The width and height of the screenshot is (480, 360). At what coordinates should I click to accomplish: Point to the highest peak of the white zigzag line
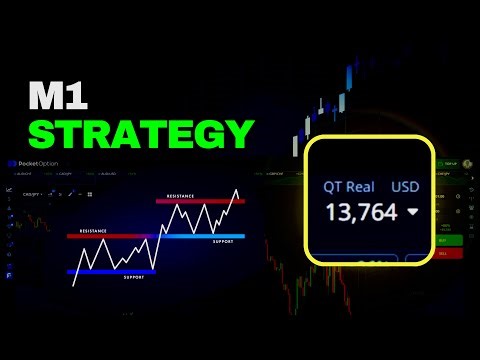point(237,190)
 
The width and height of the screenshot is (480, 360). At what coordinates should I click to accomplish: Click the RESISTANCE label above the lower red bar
point(92,230)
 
